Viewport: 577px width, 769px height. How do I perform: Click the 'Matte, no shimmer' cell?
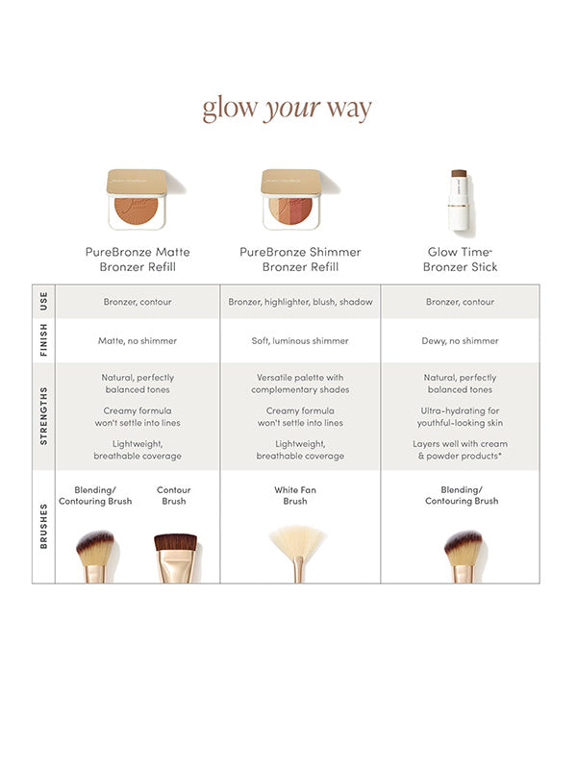pos(138,340)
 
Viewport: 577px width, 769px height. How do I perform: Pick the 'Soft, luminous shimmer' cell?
pos(300,340)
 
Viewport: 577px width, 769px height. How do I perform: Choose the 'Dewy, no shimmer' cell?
pos(460,340)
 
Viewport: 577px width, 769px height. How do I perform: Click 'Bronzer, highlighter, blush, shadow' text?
pos(300,302)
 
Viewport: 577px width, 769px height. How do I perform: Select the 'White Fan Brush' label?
pos(294,495)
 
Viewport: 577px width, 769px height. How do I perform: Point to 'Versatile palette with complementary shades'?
pos(300,384)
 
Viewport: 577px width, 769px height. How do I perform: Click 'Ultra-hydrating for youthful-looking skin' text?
pos(460,416)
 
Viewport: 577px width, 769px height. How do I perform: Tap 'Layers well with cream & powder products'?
pos(460,449)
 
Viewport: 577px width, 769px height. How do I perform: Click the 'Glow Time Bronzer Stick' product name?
pos(460,260)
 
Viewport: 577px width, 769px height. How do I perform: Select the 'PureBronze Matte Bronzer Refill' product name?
pos(138,260)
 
